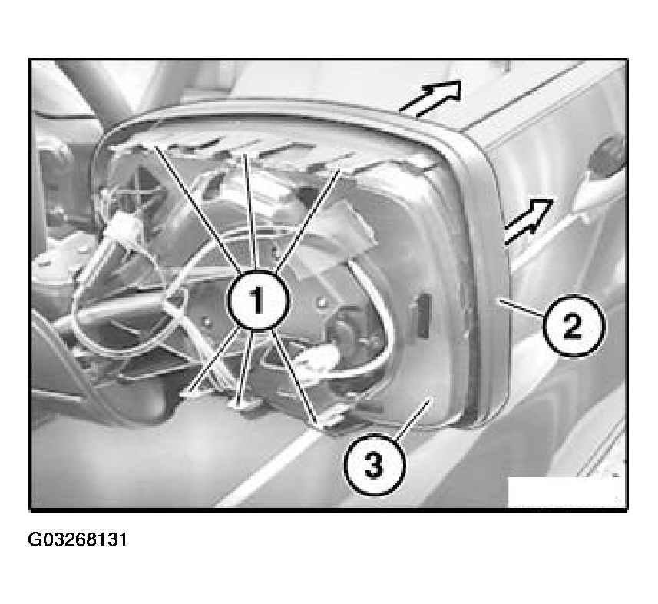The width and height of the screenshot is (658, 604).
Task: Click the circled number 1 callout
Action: [258, 299]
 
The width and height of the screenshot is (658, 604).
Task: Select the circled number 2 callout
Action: [574, 326]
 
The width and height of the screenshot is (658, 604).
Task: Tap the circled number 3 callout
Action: [375, 464]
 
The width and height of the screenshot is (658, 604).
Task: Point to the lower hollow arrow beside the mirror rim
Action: [528, 221]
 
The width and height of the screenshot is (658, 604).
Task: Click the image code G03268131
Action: [78, 539]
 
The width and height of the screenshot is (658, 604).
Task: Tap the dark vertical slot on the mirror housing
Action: [423, 315]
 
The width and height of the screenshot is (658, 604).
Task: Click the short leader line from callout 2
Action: [521, 308]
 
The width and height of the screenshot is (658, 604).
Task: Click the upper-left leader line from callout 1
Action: [197, 209]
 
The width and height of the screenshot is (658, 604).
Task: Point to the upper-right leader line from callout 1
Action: [307, 220]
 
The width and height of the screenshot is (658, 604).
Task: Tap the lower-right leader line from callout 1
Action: [294, 376]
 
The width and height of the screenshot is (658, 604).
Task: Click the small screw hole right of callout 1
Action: [322, 301]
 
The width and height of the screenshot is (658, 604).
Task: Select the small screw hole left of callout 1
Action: [206, 322]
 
